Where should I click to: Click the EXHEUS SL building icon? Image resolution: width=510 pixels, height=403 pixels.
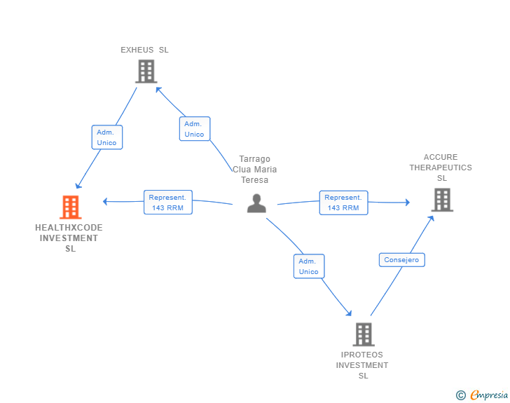pos(145,71)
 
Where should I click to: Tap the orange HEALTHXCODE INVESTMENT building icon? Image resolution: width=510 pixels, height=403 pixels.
pos(70,207)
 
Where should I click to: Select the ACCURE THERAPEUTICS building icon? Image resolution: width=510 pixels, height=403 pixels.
pos(441,200)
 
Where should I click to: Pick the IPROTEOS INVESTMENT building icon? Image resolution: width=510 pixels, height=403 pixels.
pos(363,334)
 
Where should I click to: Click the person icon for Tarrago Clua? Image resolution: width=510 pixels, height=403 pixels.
pos(257,203)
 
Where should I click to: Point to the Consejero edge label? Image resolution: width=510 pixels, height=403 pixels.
pos(401,260)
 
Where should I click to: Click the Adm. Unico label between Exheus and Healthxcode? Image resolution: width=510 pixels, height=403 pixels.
pos(107,137)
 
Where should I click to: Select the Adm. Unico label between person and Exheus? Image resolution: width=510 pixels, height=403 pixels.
pos(194,129)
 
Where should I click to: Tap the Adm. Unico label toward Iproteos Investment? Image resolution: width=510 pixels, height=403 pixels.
pos(308,266)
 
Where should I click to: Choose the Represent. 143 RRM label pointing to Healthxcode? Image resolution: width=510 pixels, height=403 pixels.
pos(167,203)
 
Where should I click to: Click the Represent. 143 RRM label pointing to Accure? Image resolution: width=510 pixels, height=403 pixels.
pos(343,203)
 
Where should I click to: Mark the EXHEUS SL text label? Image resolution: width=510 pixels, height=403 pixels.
pos(144,50)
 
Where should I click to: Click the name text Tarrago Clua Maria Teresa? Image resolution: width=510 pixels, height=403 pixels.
pos(254,170)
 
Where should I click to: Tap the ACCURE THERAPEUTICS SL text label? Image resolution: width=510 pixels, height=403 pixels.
pos(441,168)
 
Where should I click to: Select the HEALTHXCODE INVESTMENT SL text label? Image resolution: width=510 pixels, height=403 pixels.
pos(69,238)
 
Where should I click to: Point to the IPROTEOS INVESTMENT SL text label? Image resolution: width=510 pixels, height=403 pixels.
pos(362,365)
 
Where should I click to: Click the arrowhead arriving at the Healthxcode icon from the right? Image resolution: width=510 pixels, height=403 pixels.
pos(106,202)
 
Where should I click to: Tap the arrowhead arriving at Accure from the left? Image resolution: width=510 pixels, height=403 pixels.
pos(406,203)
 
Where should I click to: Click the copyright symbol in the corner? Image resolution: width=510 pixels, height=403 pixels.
pos(460,395)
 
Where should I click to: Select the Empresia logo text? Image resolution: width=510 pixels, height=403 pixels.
pos(489,395)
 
